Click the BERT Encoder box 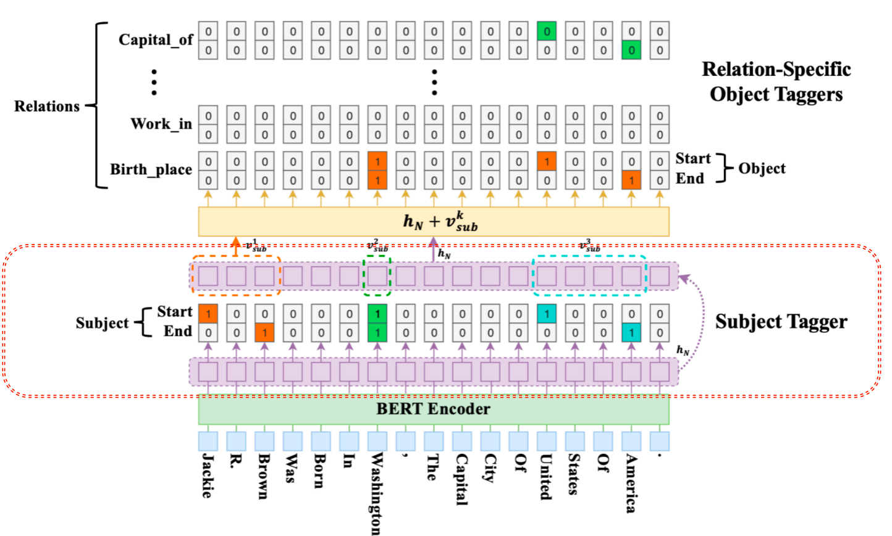433,409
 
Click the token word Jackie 208,476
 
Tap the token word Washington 376,493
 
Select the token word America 631,484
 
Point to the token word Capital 461,480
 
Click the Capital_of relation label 156,40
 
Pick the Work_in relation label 161,124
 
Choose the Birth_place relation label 151,170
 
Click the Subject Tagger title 781,322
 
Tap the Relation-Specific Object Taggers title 776,82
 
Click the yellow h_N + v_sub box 433,222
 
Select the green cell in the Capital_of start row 547,31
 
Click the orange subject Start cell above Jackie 208,314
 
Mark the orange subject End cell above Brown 264,333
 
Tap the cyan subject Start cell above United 547,314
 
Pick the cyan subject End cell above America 631,333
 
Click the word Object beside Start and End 762,169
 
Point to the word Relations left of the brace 47,106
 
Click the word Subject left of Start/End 102,323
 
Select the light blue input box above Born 321,442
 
